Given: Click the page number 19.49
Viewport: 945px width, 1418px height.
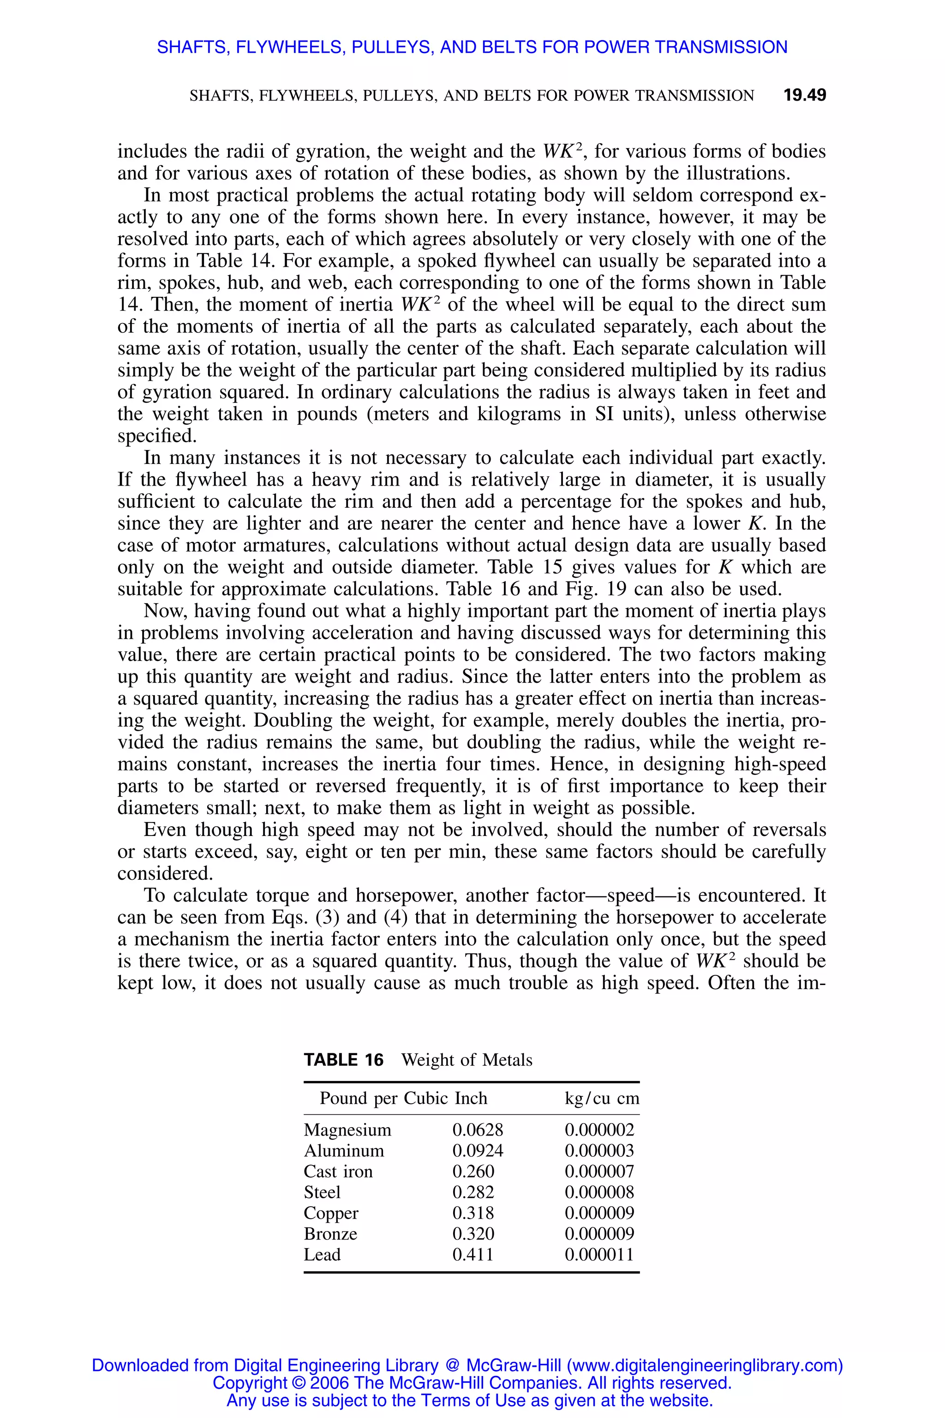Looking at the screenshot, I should (805, 95).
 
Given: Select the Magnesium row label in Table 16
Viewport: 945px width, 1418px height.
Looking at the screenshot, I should (347, 1130).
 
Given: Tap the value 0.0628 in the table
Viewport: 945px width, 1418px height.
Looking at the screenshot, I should (477, 1130).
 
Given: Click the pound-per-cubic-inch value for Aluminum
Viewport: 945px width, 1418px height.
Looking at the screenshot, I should (477, 1151).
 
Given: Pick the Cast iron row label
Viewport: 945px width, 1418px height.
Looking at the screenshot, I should (338, 1172).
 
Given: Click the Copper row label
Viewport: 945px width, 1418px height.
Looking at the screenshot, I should (331, 1213).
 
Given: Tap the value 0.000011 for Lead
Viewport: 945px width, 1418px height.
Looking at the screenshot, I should (599, 1255).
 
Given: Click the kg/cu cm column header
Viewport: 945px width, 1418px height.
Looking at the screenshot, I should (602, 1098).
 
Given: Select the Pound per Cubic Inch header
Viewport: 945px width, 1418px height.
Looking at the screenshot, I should (403, 1098).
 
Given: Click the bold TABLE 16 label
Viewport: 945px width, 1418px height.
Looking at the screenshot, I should (343, 1060).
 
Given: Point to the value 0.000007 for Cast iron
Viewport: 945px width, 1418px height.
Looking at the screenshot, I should (599, 1172).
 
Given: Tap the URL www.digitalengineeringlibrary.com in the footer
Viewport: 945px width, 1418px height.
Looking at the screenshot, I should (704, 1365).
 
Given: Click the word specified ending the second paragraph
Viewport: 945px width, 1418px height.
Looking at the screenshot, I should (157, 436).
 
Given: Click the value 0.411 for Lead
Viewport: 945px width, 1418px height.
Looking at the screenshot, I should (473, 1255).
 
